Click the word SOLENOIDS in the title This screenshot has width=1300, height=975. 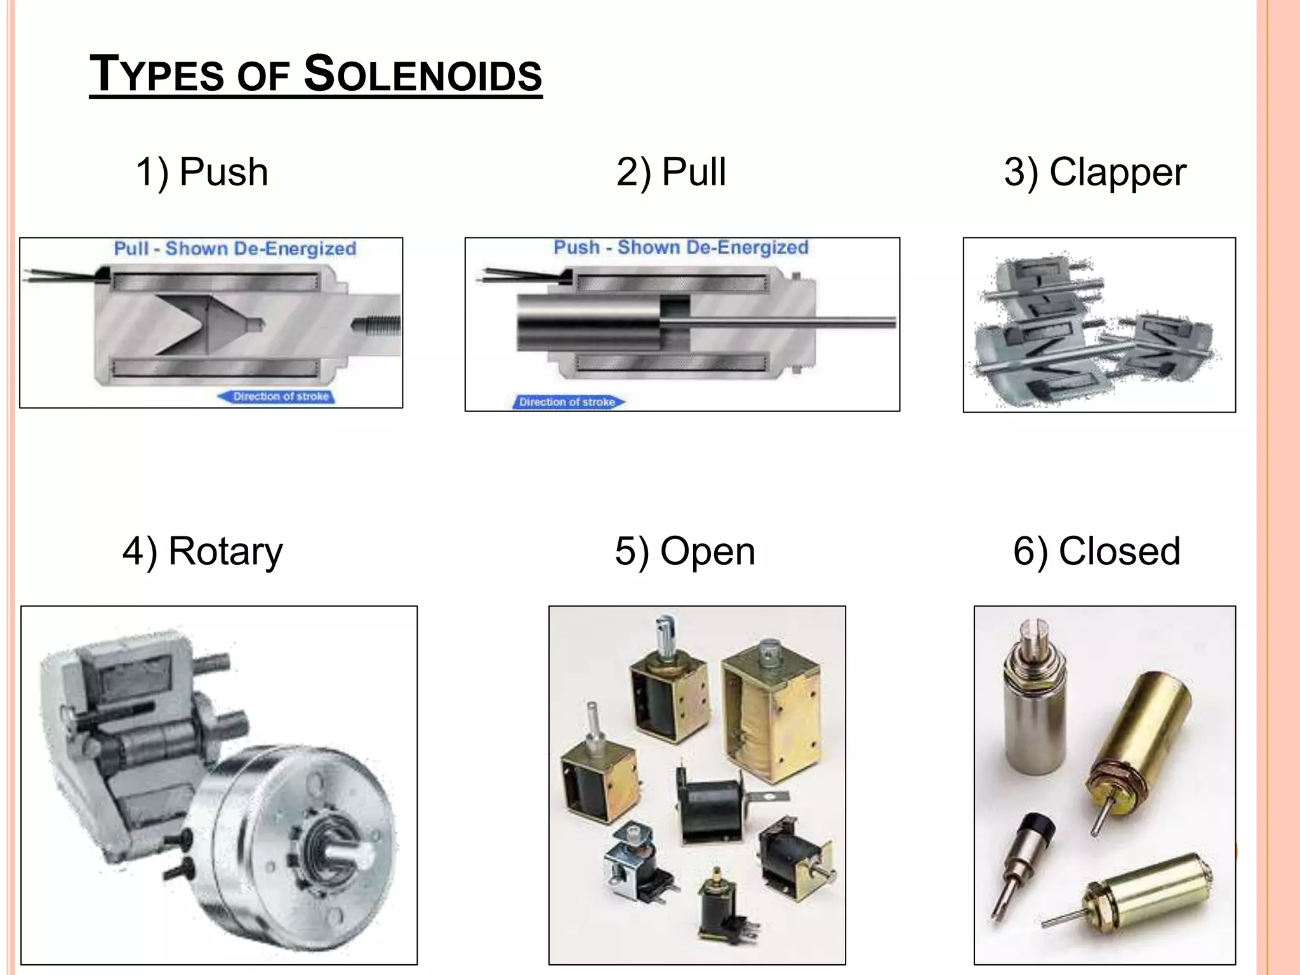pos(423,75)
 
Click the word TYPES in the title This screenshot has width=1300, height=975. pos(157,75)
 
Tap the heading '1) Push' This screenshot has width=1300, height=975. pos(202,172)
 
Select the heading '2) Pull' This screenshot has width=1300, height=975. pos(671,172)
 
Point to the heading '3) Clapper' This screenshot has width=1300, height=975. pos(1095,172)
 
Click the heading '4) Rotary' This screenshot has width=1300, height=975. pos(202,551)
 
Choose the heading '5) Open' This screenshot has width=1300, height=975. pos(685,551)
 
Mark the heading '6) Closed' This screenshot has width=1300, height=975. pos(1096,551)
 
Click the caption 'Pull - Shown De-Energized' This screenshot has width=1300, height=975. pos(235,248)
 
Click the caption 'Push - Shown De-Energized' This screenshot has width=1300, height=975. pos(681,247)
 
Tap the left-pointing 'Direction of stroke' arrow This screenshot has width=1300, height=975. pos(277,397)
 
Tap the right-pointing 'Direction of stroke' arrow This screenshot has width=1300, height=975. pos(568,402)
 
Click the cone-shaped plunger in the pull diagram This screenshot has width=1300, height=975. pos(216,324)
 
